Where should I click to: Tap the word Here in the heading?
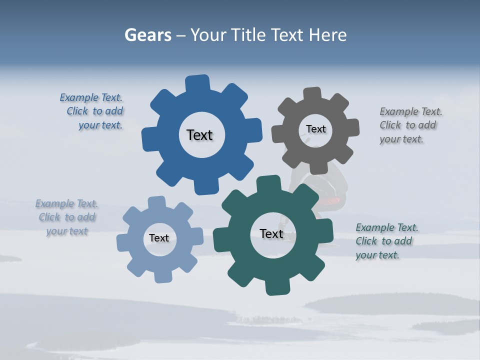[327, 35]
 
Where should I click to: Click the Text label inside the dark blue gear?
[199, 135]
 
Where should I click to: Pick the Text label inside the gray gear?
[315, 129]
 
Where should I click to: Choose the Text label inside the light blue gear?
[159, 238]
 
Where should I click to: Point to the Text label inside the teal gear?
[271, 233]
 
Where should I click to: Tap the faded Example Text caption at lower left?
[67, 217]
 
